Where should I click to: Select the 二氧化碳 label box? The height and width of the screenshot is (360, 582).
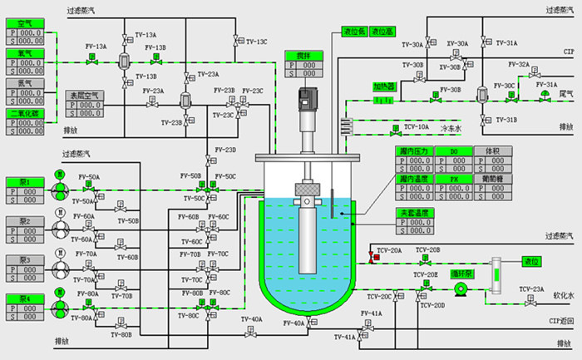click(24, 113)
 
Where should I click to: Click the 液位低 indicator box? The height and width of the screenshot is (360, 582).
click(355, 32)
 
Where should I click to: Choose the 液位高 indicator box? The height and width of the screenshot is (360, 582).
click(382, 32)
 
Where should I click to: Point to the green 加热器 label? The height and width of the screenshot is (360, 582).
click(384, 86)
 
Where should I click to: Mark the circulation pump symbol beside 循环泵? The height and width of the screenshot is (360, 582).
click(459, 290)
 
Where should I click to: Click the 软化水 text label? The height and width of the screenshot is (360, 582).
click(564, 294)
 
